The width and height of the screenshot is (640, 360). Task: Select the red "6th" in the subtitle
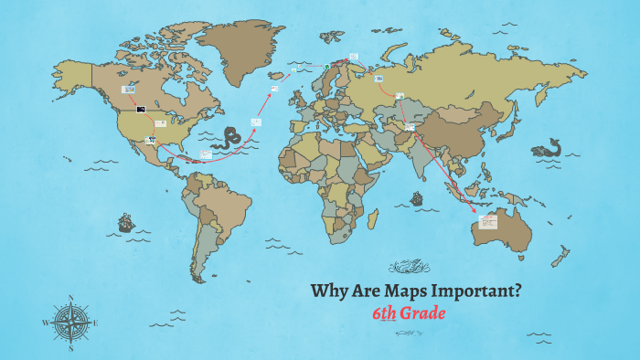tap(384, 313)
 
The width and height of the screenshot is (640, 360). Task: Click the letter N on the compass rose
tap(71, 297)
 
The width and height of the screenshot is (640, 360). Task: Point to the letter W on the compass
tap(46, 323)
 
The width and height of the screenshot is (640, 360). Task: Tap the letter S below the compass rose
tap(71, 348)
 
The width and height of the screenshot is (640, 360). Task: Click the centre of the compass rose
tap(71, 323)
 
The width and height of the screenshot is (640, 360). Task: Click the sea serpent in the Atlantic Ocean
tap(226, 140)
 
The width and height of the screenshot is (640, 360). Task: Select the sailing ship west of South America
tap(125, 222)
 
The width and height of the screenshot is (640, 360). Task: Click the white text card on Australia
tap(483, 224)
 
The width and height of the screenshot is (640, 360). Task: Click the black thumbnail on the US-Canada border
tap(141, 109)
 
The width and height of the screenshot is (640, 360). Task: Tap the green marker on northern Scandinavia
tap(325, 65)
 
